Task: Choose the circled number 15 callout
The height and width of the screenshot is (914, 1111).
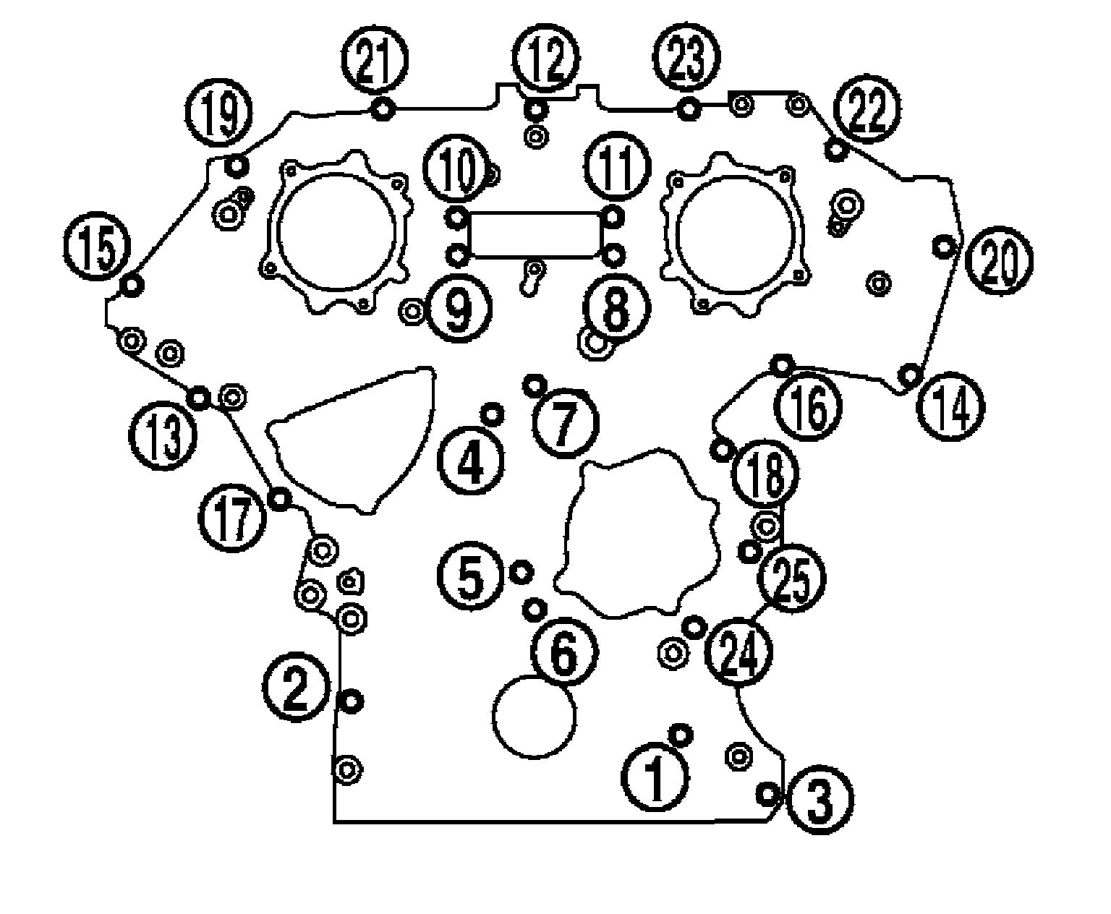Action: [96, 250]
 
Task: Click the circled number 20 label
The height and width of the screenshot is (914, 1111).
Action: [1000, 262]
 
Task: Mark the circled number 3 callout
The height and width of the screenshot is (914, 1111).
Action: [820, 800]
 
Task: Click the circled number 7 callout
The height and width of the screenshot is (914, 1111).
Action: [565, 423]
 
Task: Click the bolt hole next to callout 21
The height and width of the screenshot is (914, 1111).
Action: [383, 109]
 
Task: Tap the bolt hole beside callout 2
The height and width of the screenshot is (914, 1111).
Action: [351, 700]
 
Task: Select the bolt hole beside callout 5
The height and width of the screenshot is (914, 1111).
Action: [521, 572]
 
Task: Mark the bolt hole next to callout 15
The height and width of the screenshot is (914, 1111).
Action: [131, 285]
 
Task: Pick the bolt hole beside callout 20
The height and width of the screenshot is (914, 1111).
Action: [944, 247]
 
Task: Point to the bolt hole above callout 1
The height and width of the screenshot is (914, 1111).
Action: [680, 735]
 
